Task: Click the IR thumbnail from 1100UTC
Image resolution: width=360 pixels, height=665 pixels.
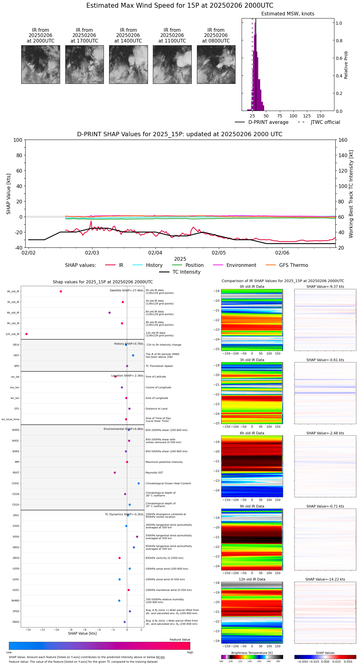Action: [x=172, y=64]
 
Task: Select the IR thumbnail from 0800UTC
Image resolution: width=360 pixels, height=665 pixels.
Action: [x=216, y=64]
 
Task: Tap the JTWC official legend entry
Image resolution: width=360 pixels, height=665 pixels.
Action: [x=325, y=122]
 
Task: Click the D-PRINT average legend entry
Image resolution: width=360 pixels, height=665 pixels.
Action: [x=268, y=122]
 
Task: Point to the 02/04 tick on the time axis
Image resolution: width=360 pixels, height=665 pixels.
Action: [x=155, y=253]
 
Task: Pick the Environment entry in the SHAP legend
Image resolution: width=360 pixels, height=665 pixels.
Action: [x=241, y=265]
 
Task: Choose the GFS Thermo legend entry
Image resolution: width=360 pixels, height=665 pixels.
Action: [x=293, y=265]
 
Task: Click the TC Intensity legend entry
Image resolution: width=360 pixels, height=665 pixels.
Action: [x=186, y=272]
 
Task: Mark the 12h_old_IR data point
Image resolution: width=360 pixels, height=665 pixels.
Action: [x=27, y=334]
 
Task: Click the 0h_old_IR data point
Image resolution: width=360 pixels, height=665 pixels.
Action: [x=61, y=292]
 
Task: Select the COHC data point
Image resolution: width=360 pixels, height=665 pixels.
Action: [x=139, y=483]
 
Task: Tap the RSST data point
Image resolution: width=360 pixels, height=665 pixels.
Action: [x=115, y=473]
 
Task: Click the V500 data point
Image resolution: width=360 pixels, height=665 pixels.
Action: [x=137, y=537]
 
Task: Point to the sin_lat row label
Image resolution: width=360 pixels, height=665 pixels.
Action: [x=15, y=377]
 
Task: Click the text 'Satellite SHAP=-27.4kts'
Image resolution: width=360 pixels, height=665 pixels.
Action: [x=126, y=291]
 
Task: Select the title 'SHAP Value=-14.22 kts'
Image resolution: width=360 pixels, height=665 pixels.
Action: [x=325, y=579]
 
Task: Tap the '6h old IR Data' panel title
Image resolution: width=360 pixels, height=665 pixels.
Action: [x=252, y=433]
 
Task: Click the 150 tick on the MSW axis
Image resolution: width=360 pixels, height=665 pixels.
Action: [x=321, y=116]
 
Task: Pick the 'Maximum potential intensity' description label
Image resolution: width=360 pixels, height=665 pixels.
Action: [x=164, y=462]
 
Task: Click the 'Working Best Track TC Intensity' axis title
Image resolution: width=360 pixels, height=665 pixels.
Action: [x=351, y=194]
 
